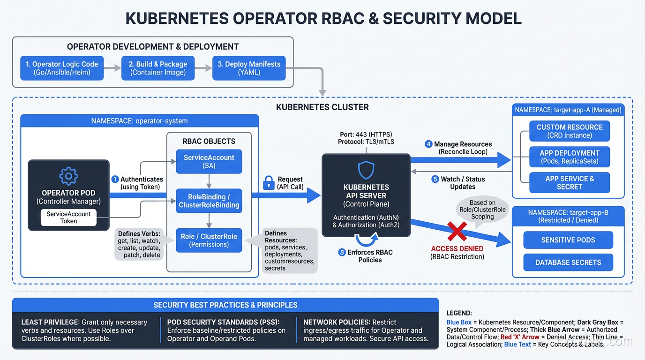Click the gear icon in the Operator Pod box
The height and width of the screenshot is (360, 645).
[68, 176]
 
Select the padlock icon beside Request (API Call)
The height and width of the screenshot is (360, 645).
[268, 182]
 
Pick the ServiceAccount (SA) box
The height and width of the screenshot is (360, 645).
[209, 162]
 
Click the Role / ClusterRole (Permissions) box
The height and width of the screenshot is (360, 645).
[209, 240]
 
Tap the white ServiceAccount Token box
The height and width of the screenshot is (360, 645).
[68, 217]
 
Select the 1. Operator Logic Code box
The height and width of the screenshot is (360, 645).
[62, 68]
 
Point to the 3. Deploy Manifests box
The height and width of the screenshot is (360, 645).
[249, 68]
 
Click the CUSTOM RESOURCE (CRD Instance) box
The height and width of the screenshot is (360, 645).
[570, 131]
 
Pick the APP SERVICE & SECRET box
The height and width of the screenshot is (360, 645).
[570, 183]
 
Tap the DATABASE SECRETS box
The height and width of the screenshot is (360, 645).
[568, 262]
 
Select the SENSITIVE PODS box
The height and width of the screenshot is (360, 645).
[568, 240]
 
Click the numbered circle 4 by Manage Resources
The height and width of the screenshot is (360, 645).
[428, 144]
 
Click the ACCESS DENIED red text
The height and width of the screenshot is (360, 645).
[457, 248]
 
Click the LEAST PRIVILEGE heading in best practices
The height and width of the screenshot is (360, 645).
[50, 322]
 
